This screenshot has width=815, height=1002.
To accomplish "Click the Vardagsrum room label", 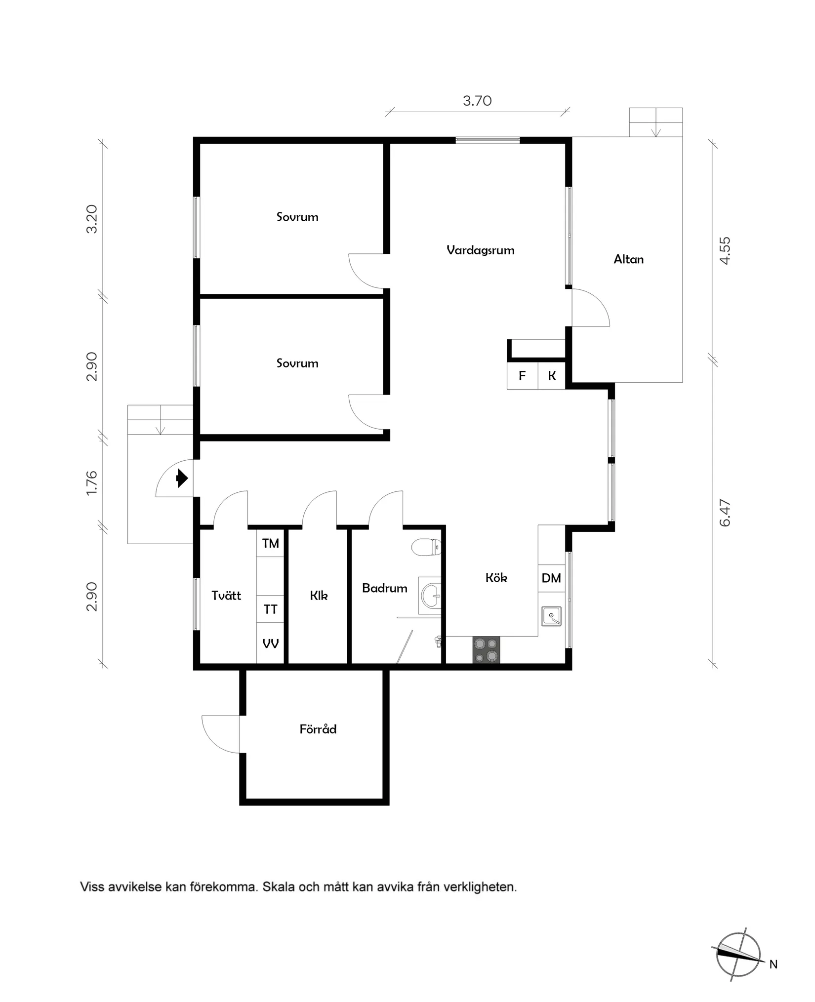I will coord(480,250).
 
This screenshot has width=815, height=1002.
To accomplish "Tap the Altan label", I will coord(628,259).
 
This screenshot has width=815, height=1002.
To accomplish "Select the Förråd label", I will coord(318,729).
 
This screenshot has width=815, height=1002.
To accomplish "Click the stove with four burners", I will coord(486,650).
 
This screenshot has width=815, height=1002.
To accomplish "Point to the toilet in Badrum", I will coord(426,547).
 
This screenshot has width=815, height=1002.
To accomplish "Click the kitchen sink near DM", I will coord(551,616).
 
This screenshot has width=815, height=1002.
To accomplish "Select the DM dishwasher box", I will coord(551,578).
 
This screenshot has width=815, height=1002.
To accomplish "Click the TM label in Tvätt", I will coord(270,544).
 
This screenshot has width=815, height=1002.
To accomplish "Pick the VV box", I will coord(270,644).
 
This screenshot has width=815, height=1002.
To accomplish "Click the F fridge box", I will coord(522,376).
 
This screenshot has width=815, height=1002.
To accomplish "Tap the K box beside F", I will coord(552,376).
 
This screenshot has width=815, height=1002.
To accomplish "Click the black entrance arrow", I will coord(182,478).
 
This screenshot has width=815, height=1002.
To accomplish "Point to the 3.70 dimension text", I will coord(477,101).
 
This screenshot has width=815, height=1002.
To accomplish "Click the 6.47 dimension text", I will coord(725,514).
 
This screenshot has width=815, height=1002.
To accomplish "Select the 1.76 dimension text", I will coord(92,483).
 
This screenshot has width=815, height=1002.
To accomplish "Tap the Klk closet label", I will coord(319,596).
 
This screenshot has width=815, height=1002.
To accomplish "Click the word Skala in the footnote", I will coord(278,887).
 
